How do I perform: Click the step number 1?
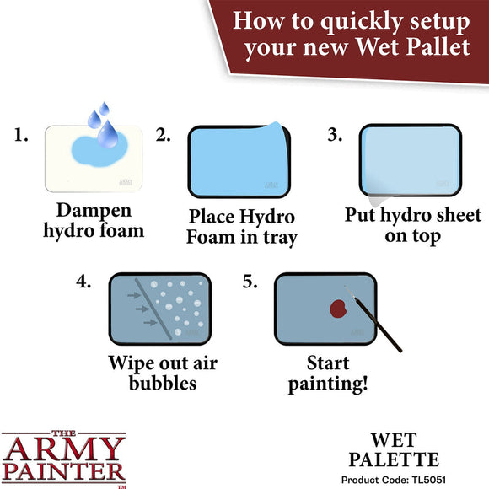pyautogui.click(x=23, y=135)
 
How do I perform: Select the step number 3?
pyautogui.click(x=335, y=135)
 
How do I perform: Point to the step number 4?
pyautogui.click(x=83, y=282)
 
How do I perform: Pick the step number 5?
pyautogui.click(x=250, y=282)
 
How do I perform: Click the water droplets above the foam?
pyautogui.click(x=104, y=123)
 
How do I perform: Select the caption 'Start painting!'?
pyautogui.click(x=328, y=374)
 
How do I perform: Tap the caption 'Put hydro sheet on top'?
pyautogui.click(x=413, y=225)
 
